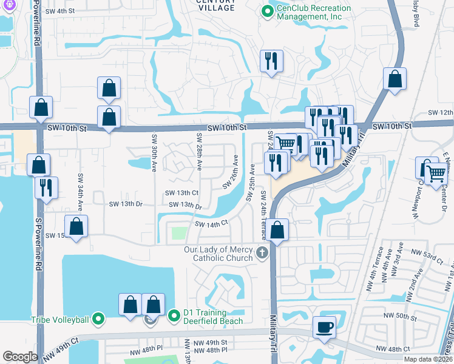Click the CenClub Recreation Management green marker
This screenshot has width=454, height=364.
[x=266, y=12]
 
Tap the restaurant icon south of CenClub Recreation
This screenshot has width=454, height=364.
[x=270, y=61]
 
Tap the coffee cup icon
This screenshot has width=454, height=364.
[x=324, y=327]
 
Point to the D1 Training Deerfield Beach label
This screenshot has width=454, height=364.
[x=214, y=317]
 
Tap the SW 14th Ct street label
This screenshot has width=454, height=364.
[x=211, y=224]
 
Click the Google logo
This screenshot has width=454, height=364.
[x=20, y=357]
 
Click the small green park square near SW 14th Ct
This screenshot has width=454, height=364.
[x=178, y=233]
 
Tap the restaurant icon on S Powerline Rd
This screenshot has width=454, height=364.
[x=46, y=187]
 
